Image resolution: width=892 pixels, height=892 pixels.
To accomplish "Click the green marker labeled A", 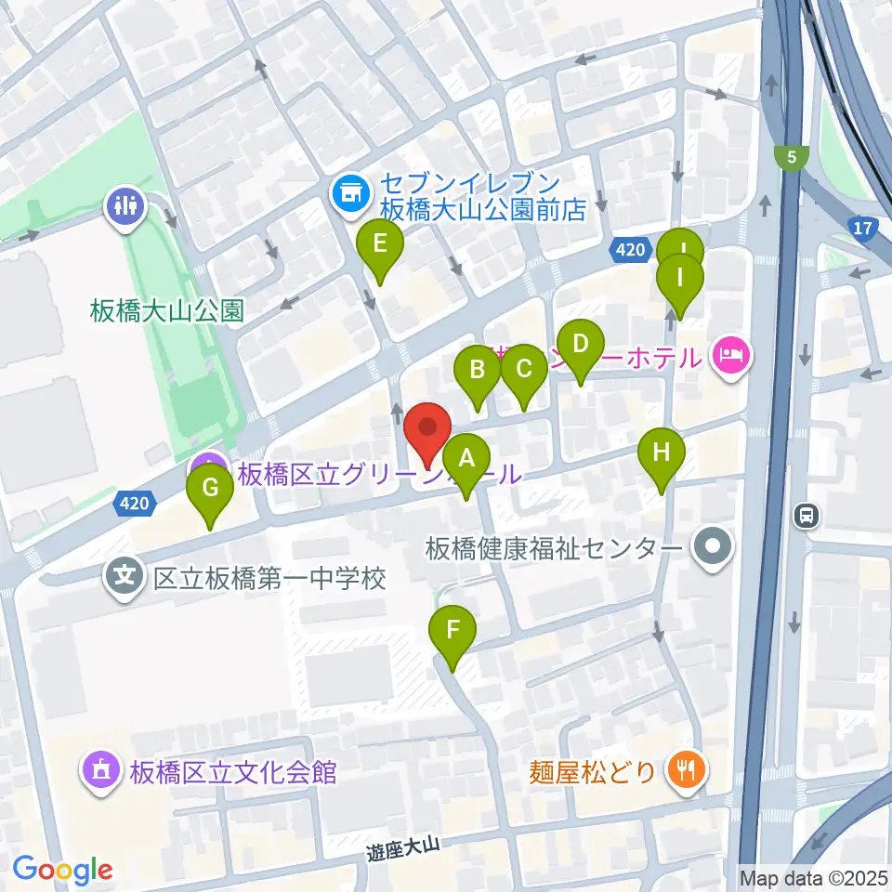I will (466, 458).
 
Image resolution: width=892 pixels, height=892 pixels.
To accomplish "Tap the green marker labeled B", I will (478, 371).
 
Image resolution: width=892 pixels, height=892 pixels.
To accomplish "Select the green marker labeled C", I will (523, 370).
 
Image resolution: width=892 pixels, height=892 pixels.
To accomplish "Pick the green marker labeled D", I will (581, 345).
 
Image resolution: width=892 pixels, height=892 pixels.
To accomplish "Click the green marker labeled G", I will (211, 487).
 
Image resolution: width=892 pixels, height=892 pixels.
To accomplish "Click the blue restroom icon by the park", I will (125, 203).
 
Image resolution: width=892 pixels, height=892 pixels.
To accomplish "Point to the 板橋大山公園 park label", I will (167, 310).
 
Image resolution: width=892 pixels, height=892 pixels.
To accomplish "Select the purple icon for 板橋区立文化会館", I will (99, 770).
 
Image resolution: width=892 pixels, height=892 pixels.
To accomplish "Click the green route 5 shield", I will (791, 156).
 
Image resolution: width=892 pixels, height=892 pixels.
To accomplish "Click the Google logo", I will (62, 870).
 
